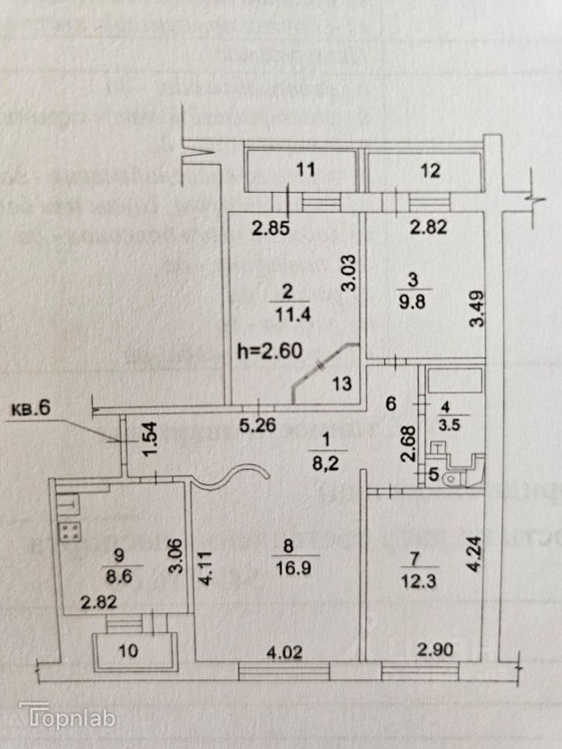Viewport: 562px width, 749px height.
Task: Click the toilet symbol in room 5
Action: (x=452, y=477)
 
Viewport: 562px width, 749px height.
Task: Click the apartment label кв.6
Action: (x=29, y=409)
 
